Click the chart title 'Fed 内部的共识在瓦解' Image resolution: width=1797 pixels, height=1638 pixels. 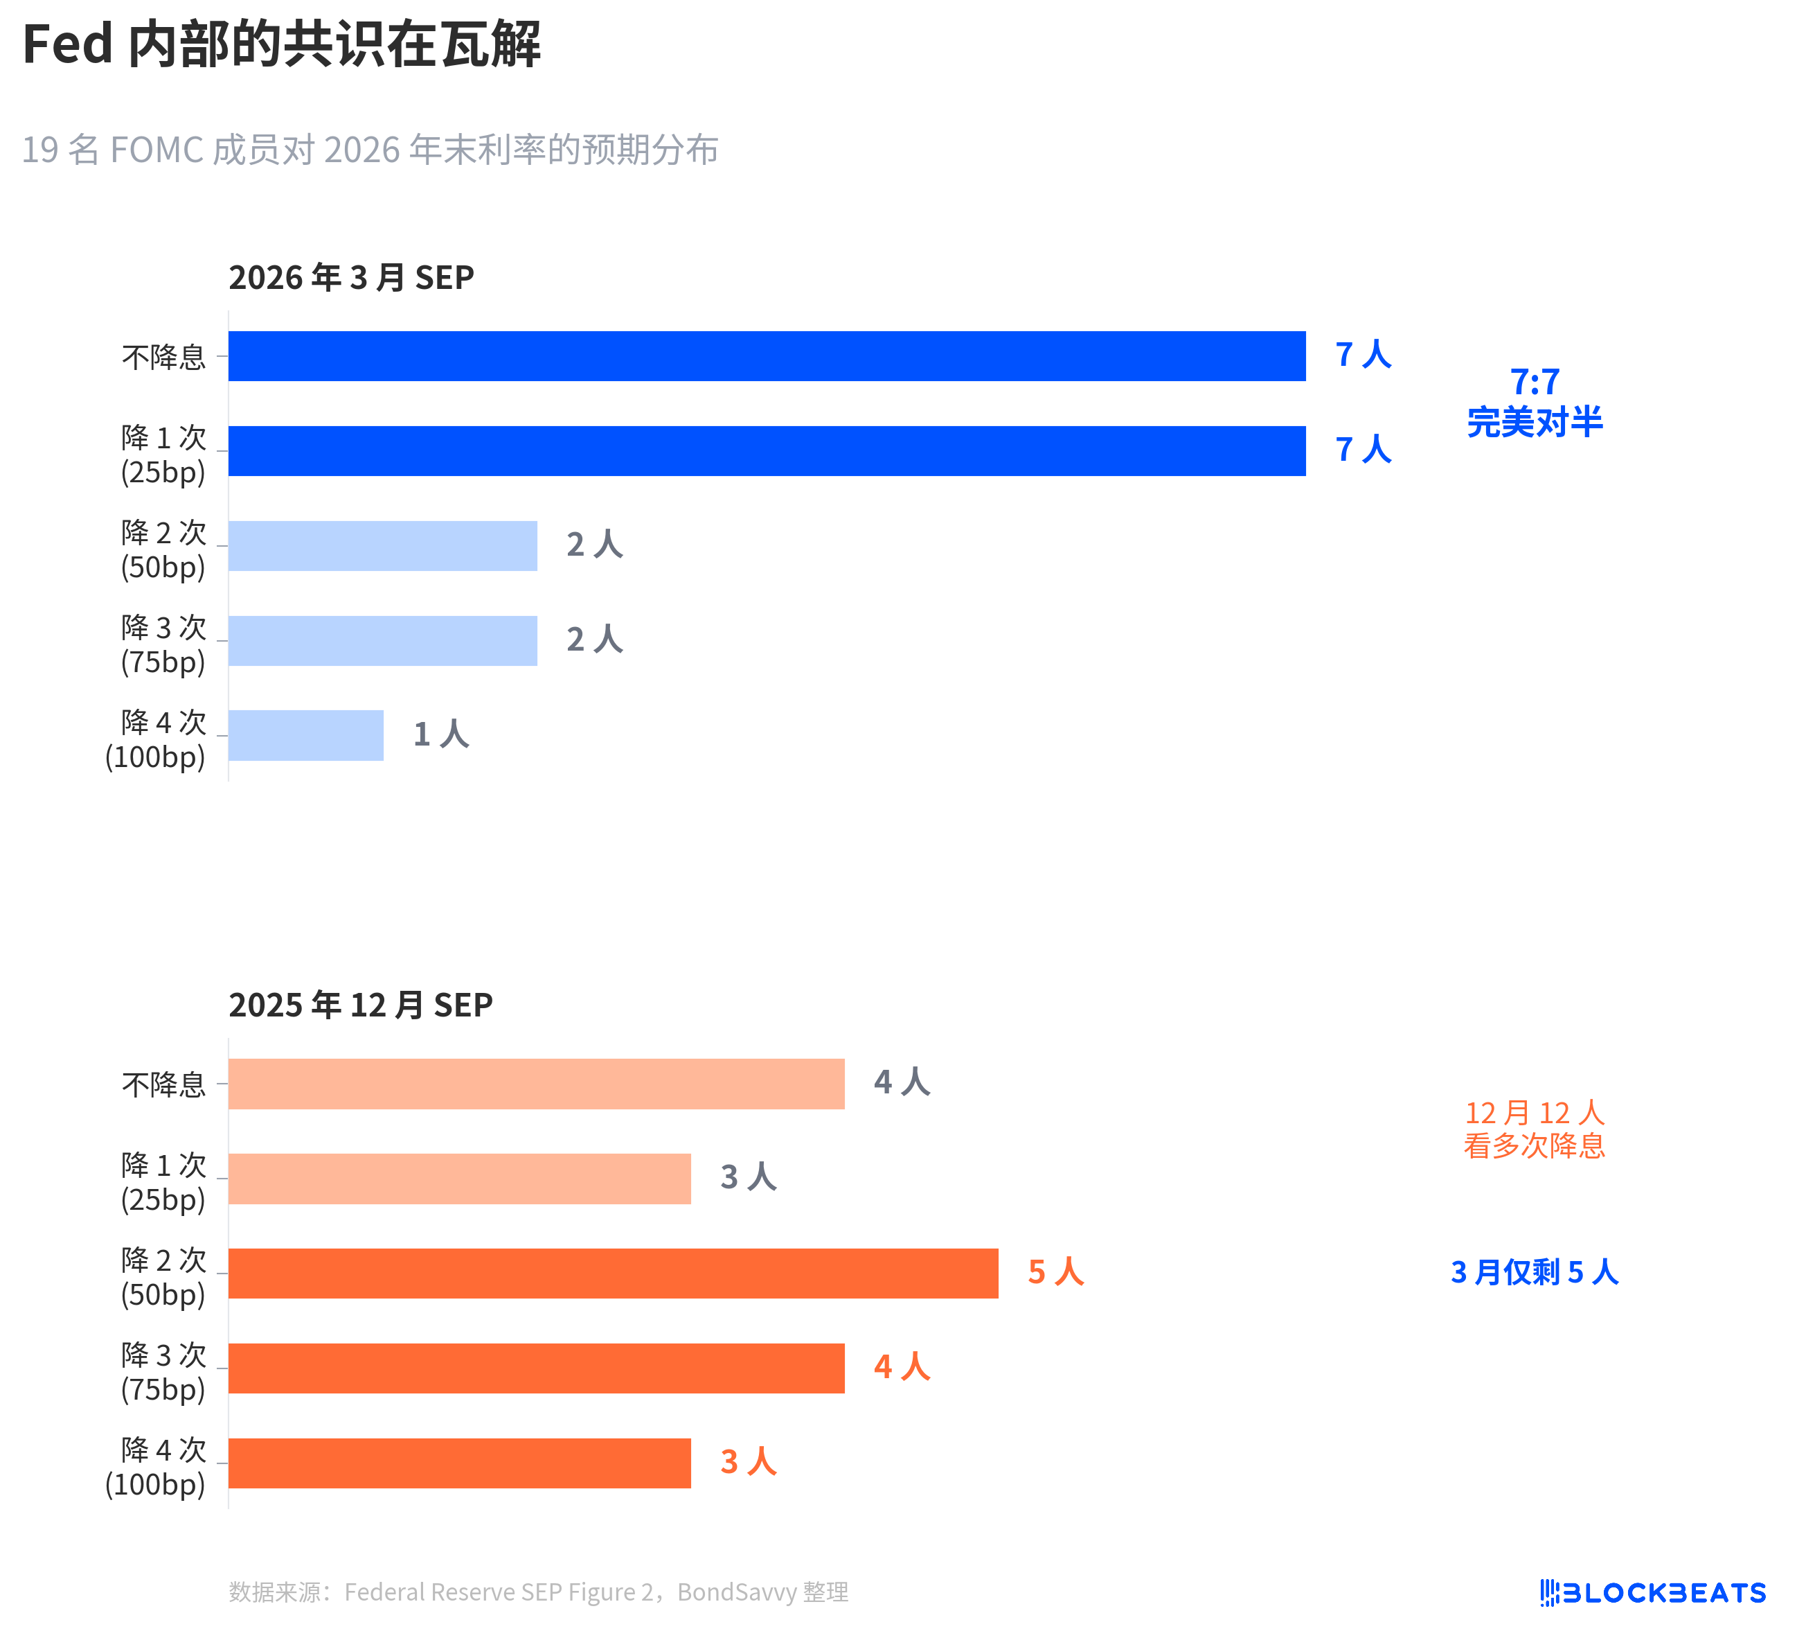point(282,44)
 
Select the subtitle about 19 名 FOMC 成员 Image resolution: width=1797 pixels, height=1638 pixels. point(370,150)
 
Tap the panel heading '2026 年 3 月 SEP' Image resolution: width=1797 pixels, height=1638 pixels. point(351,277)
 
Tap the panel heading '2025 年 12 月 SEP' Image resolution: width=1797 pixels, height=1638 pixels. point(360,1005)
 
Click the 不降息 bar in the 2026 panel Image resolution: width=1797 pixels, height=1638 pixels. point(767,355)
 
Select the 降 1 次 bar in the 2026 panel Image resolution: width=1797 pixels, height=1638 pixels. point(767,450)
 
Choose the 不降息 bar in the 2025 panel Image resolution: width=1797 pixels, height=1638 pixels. point(536,1084)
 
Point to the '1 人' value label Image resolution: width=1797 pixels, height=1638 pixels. point(441,734)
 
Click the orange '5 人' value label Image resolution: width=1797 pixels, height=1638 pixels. point(1055,1271)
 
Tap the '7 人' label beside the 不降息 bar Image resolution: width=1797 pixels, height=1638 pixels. point(1363,354)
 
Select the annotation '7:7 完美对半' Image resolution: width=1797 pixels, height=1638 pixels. point(1534,401)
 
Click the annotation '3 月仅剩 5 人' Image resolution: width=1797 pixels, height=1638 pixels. point(1534,1271)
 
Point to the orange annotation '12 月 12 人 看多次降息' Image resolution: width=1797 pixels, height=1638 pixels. point(1534,1128)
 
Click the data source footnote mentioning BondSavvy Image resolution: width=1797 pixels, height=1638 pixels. point(538,1592)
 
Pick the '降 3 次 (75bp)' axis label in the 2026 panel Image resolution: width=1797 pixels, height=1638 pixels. point(164,644)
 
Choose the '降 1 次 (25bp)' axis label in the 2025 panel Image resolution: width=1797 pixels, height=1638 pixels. point(164,1181)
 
